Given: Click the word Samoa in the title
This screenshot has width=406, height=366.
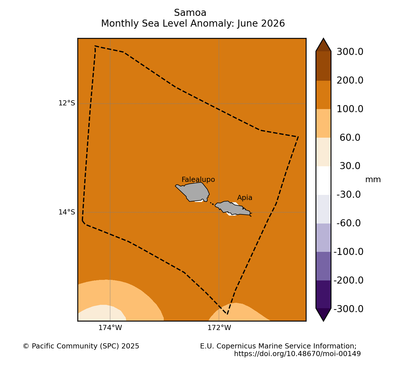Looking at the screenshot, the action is point(190,13).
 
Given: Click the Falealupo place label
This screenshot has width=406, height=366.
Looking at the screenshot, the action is point(198,179).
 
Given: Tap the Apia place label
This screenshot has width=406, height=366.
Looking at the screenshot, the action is point(245,197).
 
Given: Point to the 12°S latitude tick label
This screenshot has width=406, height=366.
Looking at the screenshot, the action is point(67,103).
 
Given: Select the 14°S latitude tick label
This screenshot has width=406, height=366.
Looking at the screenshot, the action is point(67,212).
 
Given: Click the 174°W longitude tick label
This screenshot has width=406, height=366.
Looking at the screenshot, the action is point(110,328).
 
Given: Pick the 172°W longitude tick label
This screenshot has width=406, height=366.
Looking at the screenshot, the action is point(219,328).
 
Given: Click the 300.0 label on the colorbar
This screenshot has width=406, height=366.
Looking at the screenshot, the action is point(350,52).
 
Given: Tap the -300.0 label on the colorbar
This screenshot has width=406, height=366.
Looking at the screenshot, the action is point(348,309).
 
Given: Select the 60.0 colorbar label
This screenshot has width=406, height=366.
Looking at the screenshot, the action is point(350,138).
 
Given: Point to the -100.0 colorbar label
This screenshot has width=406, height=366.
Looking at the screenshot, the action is point(348,252).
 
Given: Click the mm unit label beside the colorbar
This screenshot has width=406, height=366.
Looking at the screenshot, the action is point(373,180).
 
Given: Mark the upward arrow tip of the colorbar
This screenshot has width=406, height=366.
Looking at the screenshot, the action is point(324,38).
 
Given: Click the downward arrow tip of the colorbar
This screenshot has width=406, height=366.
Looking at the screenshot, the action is point(324,321).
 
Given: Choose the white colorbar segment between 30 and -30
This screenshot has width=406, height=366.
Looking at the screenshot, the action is point(324,180).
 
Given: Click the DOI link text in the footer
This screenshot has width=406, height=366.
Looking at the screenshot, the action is point(297,354).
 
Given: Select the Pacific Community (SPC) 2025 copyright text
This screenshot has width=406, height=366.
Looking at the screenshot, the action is point(81,346).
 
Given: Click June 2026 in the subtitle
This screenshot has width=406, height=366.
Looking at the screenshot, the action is point(261,24).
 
